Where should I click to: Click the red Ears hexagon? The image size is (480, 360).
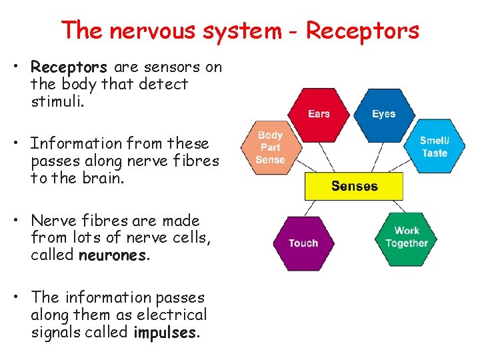tap(319, 114)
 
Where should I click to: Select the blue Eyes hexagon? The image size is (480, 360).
tap(383, 114)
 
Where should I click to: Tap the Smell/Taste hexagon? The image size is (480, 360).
tap(434, 147)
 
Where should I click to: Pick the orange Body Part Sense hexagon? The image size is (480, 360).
tap(270, 147)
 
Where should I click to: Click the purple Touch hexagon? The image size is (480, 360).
tap(303, 243)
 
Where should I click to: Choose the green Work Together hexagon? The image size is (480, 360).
tap(406, 237)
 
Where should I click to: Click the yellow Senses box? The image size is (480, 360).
tap(354, 186)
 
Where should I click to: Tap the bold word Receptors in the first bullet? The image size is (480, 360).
tap(69, 67)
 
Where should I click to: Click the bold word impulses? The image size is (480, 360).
tap(165, 332)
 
